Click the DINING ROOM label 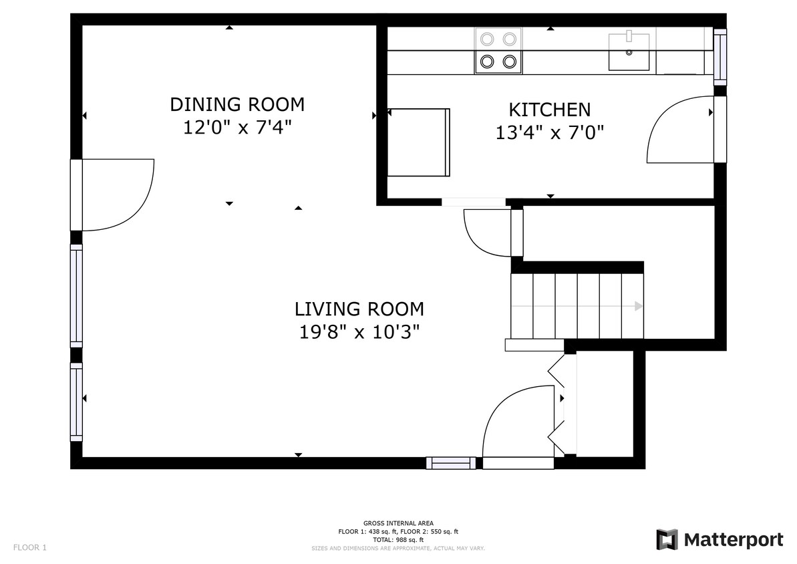(237, 104)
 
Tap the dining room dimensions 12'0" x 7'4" (237, 127)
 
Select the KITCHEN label (549, 110)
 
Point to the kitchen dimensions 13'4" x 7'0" (549, 133)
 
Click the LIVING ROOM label (359, 309)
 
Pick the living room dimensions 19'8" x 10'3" (359, 332)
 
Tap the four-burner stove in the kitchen (498, 50)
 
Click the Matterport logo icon (667, 539)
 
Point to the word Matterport (734, 539)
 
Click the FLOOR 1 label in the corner (29, 548)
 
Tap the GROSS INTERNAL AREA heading (398, 523)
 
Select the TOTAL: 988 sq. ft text (398, 540)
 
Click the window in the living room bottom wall (451, 463)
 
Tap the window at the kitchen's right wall (720, 56)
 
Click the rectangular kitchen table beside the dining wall (419, 142)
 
